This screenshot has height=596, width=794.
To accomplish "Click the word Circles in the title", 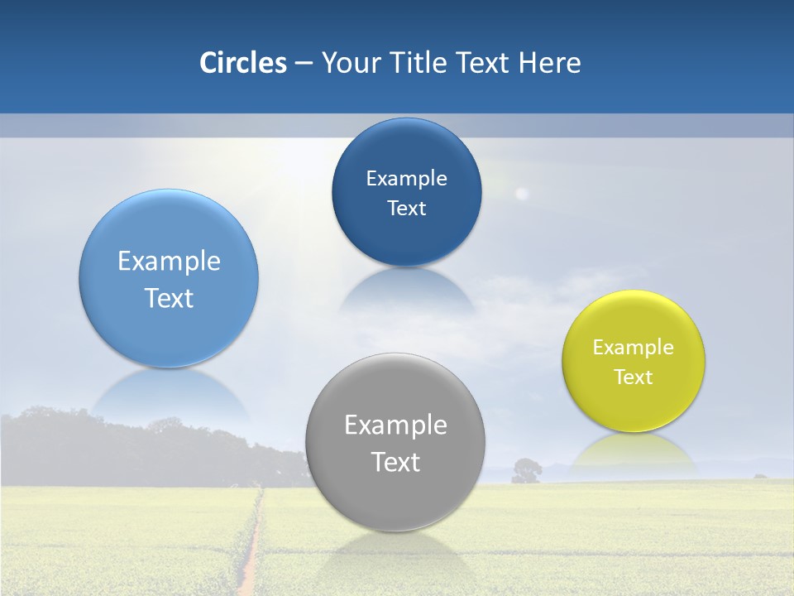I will [242, 63].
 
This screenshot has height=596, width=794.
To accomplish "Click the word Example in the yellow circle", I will [634, 348].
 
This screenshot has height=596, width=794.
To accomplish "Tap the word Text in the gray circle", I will [395, 462].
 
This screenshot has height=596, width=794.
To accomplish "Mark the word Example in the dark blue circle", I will [406, 179].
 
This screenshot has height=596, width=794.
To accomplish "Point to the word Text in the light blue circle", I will [169, 298].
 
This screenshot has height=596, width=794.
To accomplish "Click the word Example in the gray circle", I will [395, 425].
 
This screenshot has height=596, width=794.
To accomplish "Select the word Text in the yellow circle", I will [634, 377].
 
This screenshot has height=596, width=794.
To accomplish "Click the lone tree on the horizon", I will [526, 470].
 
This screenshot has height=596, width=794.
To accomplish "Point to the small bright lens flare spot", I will [521, 194].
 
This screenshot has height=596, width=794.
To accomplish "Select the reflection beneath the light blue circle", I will [169, 389].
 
